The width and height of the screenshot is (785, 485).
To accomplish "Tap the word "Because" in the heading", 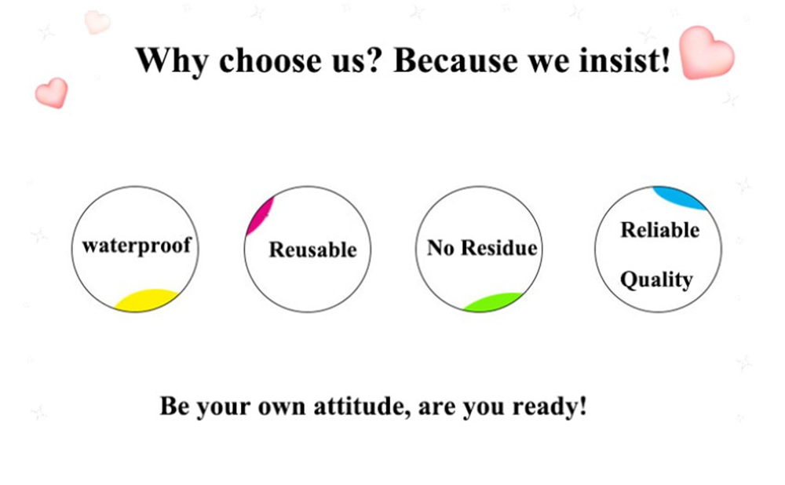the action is pos(455,60).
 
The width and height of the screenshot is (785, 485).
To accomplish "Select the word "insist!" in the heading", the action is pos(624,60).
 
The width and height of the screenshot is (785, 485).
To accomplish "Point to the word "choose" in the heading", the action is pos(269,60).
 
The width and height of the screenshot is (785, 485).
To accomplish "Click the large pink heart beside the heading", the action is pos(706,53).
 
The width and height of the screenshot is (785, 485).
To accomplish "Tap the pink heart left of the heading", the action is pos(52,93).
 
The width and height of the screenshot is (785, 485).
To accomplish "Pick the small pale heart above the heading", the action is pos(97,22).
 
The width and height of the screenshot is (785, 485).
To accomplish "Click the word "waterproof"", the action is pos(136,246).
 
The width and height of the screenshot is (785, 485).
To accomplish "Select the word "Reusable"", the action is pos(313,250).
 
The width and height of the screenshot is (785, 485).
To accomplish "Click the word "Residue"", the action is pos(499,247).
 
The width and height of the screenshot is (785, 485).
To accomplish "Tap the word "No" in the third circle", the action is pos(440,248).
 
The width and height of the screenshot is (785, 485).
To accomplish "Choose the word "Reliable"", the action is pos(660,230).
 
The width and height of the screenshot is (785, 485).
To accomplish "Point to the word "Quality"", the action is pos(656,280).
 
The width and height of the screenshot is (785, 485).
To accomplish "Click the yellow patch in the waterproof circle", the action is pos(146,300).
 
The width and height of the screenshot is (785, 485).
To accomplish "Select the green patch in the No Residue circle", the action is pos(493,302).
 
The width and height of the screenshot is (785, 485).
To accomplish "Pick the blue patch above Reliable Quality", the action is pos(679,197).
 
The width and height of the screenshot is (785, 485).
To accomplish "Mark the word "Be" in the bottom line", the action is pos(175,406).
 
